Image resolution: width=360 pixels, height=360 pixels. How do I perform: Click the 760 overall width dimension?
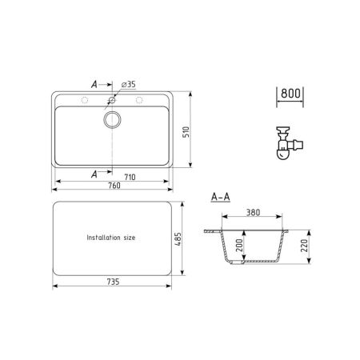click(x=114, y=186)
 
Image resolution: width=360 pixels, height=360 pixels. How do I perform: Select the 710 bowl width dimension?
click(x=130, y=177)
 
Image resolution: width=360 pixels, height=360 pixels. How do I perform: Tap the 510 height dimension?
click(x=186, y=132)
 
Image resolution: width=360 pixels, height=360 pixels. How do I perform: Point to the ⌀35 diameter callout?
click(x=128, y=85)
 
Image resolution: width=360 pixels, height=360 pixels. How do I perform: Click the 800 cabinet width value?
click(x=290, y=94)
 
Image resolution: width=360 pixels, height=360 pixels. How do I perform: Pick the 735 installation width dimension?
click(x=113, y=282)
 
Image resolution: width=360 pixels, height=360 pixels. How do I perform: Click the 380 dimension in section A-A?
click(x=253, y=212)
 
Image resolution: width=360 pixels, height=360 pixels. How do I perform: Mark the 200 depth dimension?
click(x=239, y=246)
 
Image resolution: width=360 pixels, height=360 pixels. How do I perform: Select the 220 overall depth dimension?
click(x=304, y=246)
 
